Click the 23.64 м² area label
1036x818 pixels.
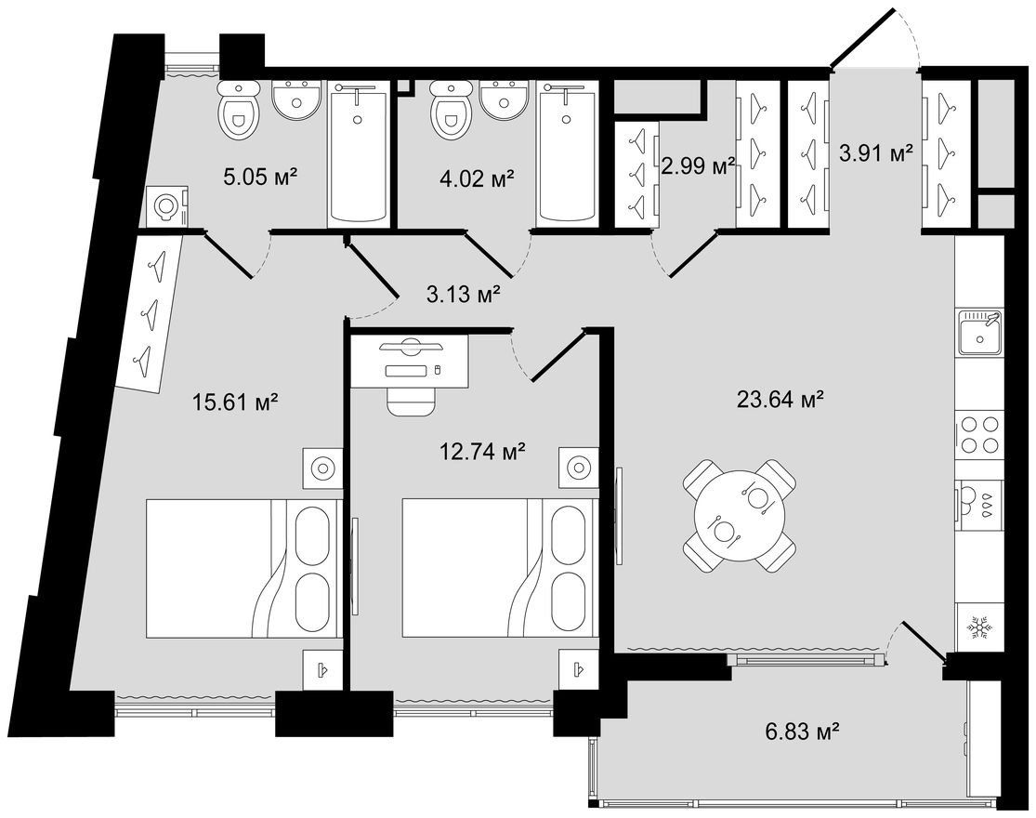[780, 399]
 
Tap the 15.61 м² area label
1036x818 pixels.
[234, 401]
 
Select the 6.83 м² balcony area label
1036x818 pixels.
[799, 732]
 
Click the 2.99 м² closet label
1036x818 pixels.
[699, 165]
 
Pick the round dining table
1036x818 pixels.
[739, 515]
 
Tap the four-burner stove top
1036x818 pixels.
[979, 433]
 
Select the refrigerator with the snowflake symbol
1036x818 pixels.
[977, 626]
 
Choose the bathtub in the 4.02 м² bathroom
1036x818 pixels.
[567, 152]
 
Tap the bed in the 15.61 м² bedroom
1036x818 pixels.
[243, 568]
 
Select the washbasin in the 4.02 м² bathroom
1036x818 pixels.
[505, 99]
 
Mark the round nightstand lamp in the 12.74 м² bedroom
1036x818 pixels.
[578, 468]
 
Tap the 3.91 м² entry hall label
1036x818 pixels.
[876, 154]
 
